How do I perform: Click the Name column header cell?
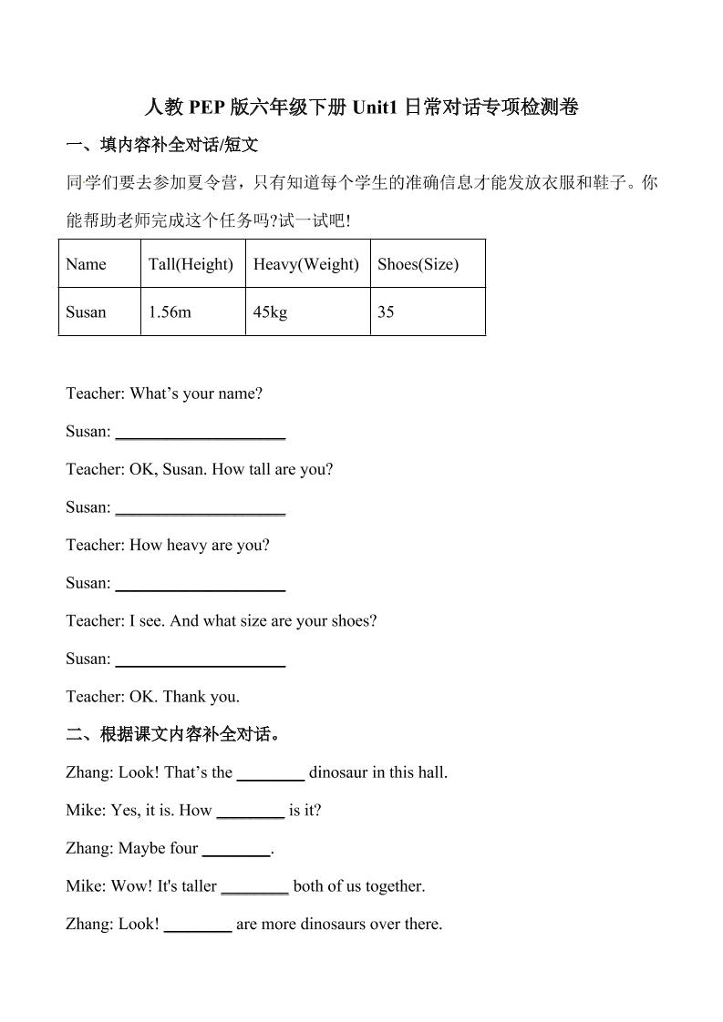tap(99, 264)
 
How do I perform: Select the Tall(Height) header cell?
tap(192, 264)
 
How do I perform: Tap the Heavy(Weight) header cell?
tap(307, 264)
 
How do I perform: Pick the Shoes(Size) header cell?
tap(428, 264)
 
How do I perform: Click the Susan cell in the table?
tap(99, 312)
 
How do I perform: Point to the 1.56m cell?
tap(192, 312)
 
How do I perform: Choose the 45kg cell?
tap(307, 312)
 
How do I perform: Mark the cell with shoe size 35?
tap(428, 312)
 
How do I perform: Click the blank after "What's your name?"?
tap(201, 432)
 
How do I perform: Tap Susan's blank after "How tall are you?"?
tap(201, 507)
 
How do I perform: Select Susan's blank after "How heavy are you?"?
tap(201, 583)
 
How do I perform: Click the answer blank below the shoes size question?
tap(201, 659)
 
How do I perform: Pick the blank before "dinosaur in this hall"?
tap(271, 773)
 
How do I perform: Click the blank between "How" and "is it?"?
tap(251, 811)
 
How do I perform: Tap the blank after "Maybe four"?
tap(236, 849)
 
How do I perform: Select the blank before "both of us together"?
tap(255, 886)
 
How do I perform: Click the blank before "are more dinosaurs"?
tap(198, 925)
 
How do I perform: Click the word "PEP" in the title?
tap(207, 107)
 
